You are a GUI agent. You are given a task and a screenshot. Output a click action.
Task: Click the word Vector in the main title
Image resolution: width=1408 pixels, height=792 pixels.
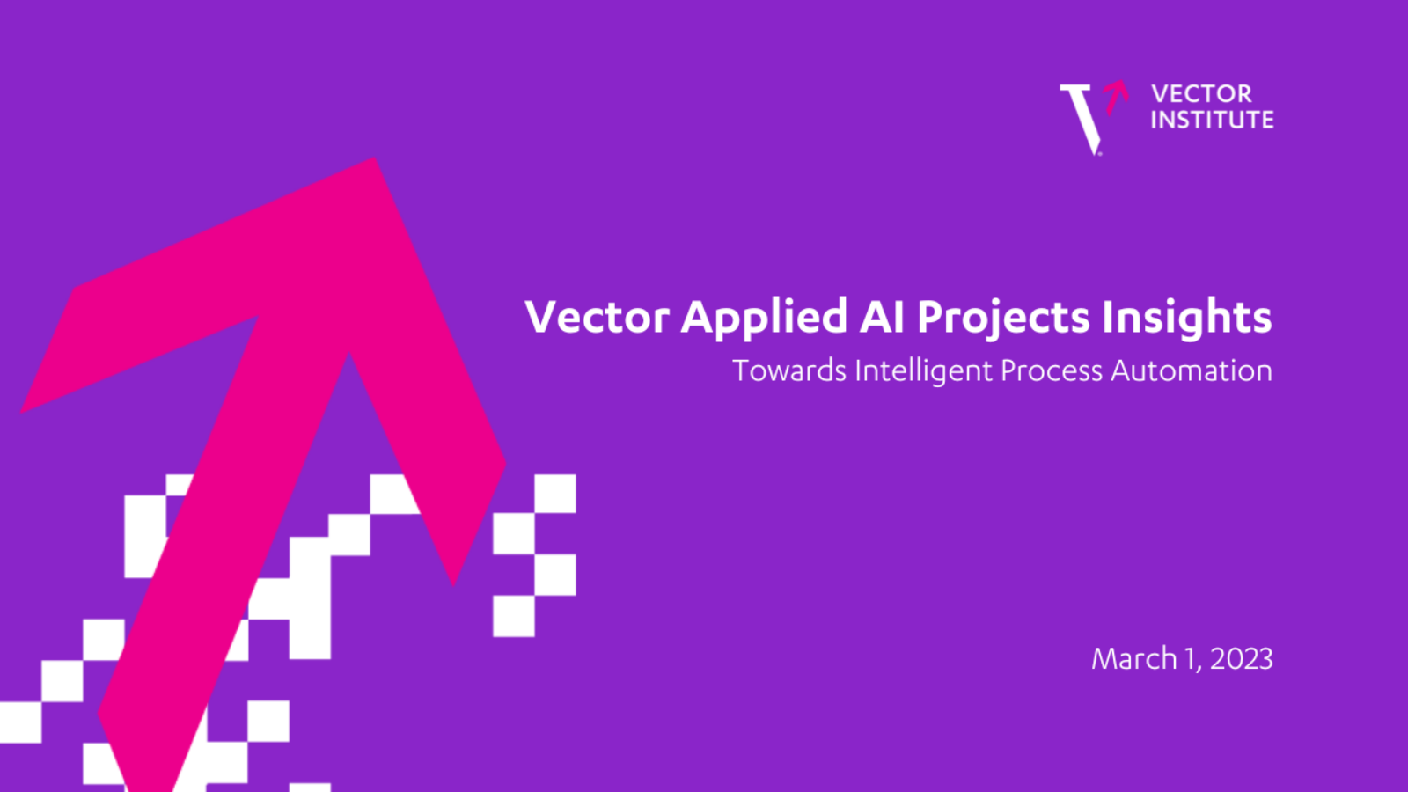coord(598,317)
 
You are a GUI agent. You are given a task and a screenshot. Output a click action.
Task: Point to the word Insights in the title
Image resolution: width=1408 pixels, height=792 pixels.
coord(1187,318)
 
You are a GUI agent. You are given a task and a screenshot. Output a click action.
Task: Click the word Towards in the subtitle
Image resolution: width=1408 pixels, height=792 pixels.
coord(789,370)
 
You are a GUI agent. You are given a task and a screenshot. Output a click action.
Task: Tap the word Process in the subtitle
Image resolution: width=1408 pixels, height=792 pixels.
coord(1052,370)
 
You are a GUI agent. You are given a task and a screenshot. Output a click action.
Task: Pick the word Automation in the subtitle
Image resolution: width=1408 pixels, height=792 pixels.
coord(1192,370)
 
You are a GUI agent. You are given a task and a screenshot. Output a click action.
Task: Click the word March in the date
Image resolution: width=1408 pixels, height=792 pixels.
coord(1134,659)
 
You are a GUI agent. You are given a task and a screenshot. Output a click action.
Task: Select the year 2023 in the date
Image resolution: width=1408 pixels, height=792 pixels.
coord(1242,659)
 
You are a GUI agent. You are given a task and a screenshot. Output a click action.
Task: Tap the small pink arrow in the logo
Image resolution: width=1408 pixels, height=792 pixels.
coord(1117,97)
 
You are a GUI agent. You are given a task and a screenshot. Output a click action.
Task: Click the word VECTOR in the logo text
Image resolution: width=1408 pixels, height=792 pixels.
coord(1202,94)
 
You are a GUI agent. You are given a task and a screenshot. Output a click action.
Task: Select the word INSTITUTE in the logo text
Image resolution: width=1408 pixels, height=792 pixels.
coord(1213,120)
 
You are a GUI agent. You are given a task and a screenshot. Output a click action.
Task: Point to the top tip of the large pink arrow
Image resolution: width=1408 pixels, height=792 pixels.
coord(375,158)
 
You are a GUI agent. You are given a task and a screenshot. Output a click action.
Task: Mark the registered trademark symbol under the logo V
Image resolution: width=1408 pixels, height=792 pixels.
coord(1099,153)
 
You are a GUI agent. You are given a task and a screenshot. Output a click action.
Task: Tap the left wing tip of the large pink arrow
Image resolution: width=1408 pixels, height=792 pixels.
coord(22,412)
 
